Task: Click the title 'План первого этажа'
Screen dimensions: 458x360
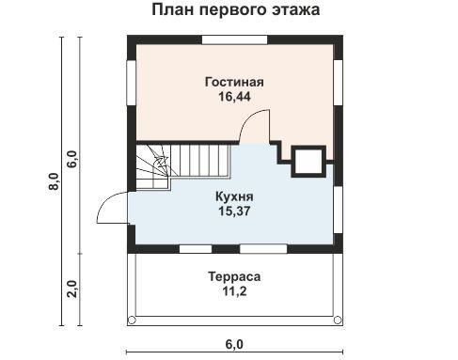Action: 236,10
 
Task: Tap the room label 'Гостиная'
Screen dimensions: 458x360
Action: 234,82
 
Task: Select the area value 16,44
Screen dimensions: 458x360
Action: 234,97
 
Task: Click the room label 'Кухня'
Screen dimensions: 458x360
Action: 234,196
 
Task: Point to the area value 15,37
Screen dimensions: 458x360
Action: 234,211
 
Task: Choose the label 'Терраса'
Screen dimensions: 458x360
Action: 234,277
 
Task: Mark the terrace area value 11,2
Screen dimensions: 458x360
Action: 234,291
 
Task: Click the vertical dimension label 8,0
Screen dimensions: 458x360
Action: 54,181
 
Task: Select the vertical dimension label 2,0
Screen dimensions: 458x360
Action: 72,289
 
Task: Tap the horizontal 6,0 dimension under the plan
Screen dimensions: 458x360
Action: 234,344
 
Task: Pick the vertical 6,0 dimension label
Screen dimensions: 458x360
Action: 72,159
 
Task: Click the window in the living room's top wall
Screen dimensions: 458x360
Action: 234,39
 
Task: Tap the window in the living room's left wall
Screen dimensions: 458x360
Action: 132,83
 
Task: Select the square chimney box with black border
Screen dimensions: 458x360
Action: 308,161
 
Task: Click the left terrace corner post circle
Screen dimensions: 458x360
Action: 132,321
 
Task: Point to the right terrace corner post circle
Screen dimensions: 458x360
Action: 338,321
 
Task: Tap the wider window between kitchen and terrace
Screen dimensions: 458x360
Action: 263,249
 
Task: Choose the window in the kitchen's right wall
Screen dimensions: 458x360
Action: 338,210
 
